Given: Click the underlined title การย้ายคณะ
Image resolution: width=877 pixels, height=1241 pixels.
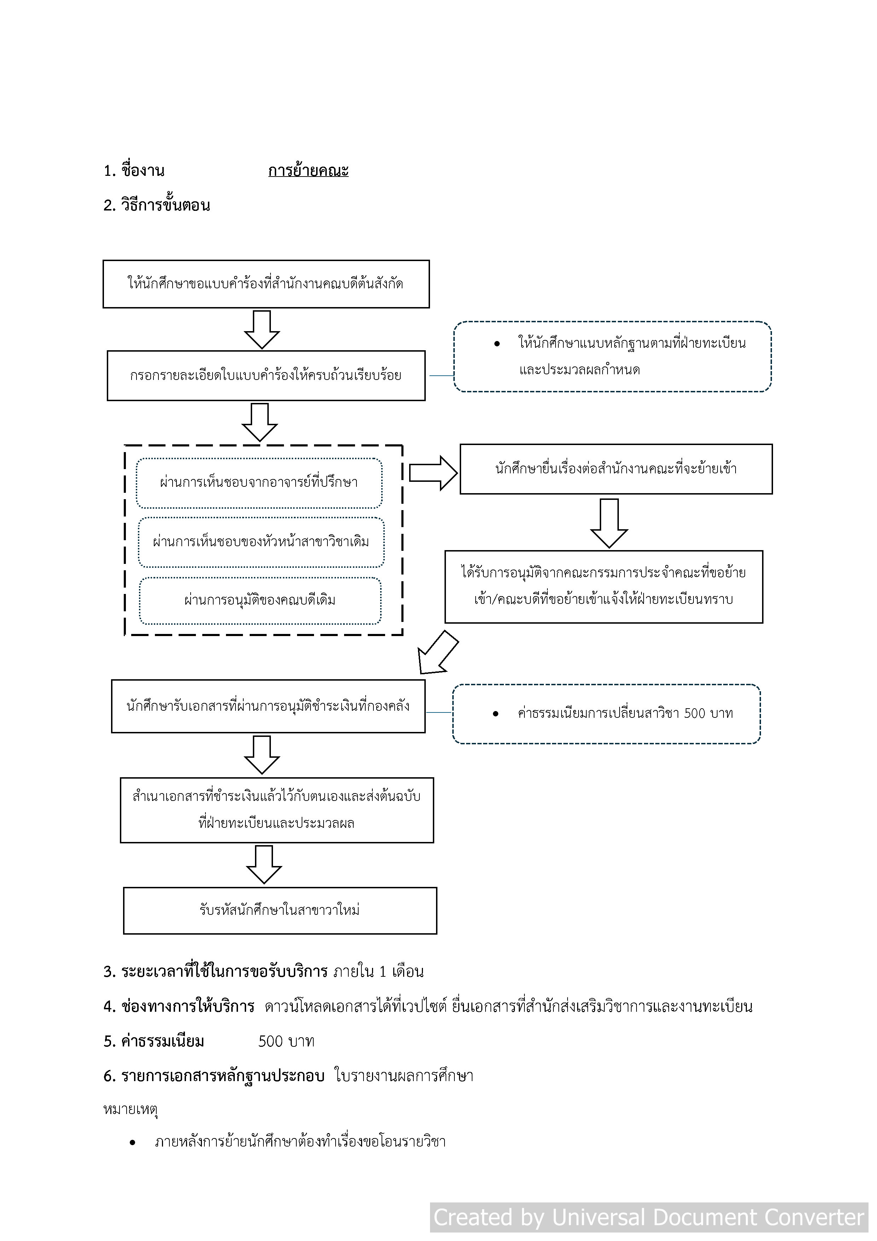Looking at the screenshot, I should click(308, 171).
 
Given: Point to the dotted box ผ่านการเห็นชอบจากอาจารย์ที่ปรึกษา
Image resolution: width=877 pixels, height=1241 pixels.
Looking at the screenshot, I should click(259, 483).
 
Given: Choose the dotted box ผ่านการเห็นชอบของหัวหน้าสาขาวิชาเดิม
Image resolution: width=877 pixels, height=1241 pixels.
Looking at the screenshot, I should click(261, 542).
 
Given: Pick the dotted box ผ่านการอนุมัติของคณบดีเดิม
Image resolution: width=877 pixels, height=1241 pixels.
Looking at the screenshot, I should click(260, 600).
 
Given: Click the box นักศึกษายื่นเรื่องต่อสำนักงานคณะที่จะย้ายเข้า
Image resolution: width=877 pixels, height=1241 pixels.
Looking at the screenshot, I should click(616, 469).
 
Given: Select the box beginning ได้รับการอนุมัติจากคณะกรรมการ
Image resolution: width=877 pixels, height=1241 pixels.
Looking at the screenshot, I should click(604, 587).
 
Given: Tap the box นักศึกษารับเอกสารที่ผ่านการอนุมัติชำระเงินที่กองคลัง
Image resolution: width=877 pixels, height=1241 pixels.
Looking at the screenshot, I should click(268, 706).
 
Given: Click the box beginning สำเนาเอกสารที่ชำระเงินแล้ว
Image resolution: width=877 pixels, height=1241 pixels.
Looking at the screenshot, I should click(277, 810).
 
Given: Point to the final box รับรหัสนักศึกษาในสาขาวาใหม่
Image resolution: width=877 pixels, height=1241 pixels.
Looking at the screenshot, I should click(280, 910).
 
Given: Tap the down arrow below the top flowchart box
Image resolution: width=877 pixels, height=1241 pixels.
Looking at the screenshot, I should click(262, 329).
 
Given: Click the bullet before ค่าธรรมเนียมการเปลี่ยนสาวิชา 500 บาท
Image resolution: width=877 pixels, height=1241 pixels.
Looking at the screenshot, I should click(495, 714).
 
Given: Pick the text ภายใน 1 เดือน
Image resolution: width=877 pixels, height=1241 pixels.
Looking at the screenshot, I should click(378, 972).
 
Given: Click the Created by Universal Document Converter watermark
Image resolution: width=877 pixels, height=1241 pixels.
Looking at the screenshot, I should click(649, 1217).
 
